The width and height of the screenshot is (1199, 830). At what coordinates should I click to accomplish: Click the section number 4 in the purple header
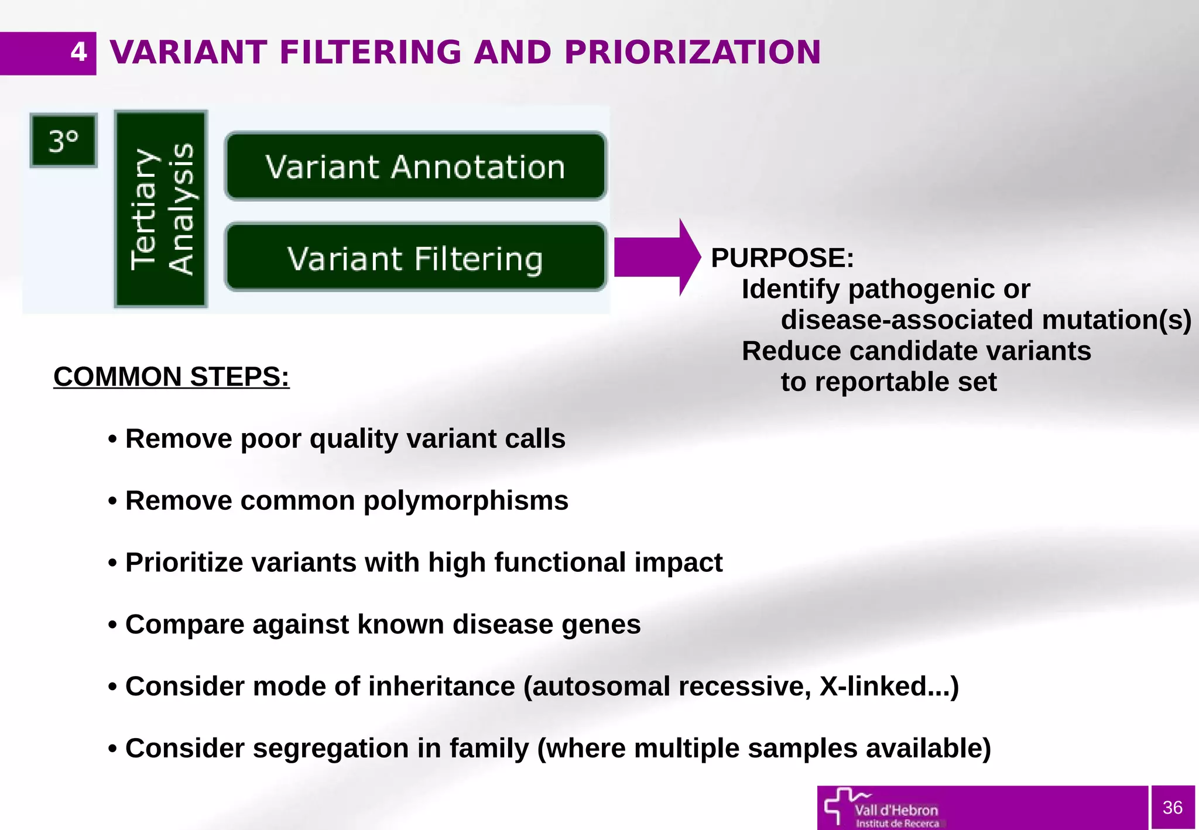click(78, 53)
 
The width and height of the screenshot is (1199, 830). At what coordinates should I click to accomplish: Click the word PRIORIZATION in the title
click(693, 53)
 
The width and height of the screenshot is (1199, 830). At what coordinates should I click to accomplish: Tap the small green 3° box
click(63, 141)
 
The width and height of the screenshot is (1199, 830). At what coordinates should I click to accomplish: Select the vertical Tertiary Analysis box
click(161, 209)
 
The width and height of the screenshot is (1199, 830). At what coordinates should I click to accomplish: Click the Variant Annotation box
click(416, 167)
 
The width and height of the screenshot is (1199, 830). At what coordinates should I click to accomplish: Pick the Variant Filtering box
click(416, 258)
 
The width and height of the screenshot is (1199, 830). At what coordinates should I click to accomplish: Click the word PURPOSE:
click(782, 258)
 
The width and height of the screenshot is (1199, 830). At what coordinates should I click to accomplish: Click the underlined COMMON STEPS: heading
click(171, 376)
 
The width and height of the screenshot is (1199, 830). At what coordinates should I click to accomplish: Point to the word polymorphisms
click(465, 501)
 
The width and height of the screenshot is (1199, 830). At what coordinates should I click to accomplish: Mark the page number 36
click(1172, 808)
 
